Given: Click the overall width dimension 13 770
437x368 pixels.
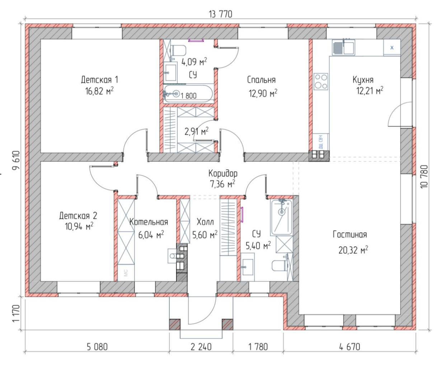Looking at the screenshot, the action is [x=220, y=14].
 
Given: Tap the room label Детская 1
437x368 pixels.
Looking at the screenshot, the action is [x=99, y=80].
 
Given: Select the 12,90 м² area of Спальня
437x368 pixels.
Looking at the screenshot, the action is [x=263, y=93].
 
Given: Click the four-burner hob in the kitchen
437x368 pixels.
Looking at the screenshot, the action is [x=321, y=82].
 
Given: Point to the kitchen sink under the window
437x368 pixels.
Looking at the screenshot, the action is [x=343, y=47].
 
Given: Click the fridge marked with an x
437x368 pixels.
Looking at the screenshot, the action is [x=392, y=47].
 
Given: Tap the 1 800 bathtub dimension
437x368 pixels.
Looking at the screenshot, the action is [x=189, y=96].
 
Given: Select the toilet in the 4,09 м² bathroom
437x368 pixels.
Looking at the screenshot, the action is [x=178, y=50].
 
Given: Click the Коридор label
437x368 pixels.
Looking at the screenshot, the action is [x=223, y=174].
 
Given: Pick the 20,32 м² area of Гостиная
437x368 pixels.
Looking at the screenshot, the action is [x=353, y=250].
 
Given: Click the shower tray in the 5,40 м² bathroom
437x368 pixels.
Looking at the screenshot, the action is [x=281, y=217].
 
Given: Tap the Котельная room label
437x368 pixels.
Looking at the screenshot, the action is [x=149, y=222].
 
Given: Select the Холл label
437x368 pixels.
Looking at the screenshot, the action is [x=205, y=222].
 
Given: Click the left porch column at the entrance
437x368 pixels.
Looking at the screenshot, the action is [x=174, y=325].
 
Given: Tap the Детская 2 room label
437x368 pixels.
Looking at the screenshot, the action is [x=78, y=216].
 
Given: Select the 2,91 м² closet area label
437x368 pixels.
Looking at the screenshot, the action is [x=196, y=132].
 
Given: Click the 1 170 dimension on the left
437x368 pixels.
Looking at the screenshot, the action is [x=16, y=313].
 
